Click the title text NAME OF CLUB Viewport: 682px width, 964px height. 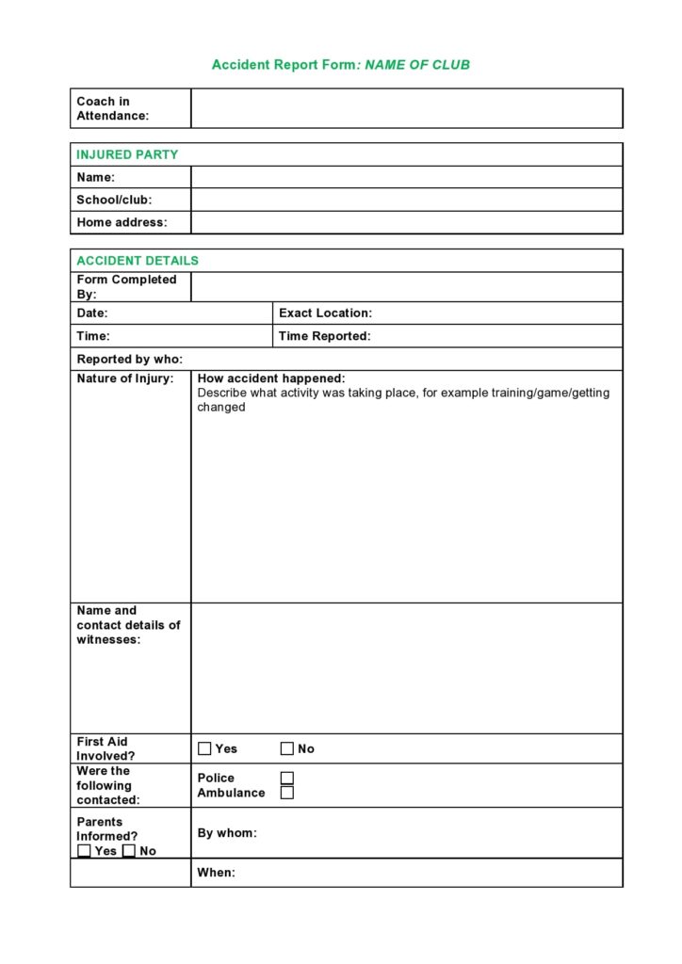416,65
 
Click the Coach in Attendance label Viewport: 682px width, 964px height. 112,108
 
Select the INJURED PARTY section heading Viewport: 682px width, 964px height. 127,154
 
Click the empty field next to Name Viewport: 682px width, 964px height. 406,177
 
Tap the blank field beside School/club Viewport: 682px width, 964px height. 406,200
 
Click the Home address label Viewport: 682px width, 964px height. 122,222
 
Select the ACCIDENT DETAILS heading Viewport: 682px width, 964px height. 138,261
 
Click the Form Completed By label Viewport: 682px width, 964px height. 126,286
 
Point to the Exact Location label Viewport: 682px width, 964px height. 325,313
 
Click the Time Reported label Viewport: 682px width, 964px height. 324,336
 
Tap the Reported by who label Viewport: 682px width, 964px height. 130,359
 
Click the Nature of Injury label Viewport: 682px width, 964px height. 125,378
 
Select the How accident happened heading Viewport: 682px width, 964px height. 271,378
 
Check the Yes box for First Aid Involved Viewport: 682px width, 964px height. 204,748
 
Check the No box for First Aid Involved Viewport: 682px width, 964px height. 287,748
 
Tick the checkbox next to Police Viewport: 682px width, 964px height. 287,778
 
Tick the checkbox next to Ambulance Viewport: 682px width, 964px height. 287,793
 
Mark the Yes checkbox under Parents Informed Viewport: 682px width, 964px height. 85,851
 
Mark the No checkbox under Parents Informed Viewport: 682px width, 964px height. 129,851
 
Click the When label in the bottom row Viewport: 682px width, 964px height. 216,873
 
